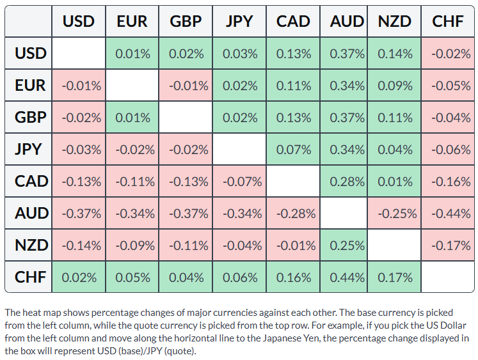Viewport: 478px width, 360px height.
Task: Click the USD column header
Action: click(x=79, y=21)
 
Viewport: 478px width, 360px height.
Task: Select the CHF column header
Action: click(x=447, y=21)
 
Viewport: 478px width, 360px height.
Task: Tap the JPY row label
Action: click(x=28, y=149)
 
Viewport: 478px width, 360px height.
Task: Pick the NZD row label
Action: click(x=28, y=245)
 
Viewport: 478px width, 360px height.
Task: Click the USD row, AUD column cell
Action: click(x=344, y=54)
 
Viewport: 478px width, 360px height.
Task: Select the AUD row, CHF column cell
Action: click(x=448, y=213)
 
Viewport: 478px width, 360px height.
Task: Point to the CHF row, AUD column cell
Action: click(x=344, y=277)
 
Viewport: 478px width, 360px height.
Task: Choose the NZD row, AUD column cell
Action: click(x=344, y=245)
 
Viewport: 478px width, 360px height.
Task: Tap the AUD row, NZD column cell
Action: click(x=394, y=213)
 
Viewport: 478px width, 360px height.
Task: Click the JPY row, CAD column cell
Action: click(x=293, y=149)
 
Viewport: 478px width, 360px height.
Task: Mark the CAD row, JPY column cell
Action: click(x=239, y=181)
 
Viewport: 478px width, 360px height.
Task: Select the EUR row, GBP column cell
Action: click(x=186, y=85)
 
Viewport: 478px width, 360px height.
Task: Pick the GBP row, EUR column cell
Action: click(x=132, y=117)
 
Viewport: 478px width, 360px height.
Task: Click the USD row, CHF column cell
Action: click(x=448, y=54)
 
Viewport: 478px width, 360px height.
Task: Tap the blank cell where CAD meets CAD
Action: click(x=293, y=181)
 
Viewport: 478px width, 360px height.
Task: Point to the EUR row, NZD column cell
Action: click(x=394, y=85)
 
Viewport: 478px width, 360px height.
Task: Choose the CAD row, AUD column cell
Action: click(x=344, y=181)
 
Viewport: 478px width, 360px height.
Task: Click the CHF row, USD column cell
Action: click(x=79, y=277)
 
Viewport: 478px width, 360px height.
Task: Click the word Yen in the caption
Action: click(x=312, y=338)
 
